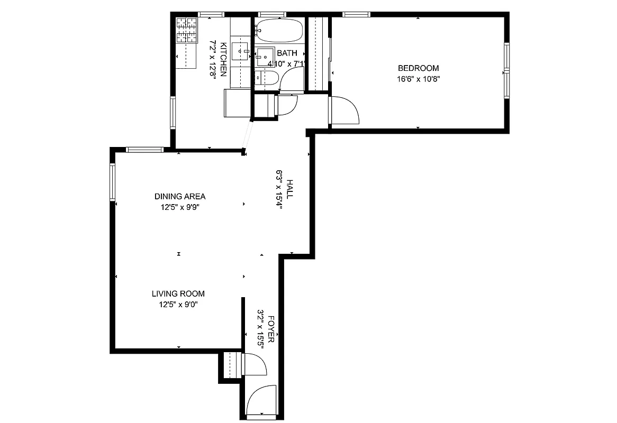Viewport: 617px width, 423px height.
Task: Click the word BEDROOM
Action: [418, 68]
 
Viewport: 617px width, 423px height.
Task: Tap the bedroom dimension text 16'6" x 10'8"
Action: [418, 79]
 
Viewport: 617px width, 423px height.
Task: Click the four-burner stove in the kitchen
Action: [186, 30]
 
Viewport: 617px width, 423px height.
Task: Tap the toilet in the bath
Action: [266, 79]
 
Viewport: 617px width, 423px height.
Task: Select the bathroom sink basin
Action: [265, 57]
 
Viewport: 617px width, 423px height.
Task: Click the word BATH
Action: [287, 53]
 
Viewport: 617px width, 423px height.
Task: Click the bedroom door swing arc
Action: [347, 111]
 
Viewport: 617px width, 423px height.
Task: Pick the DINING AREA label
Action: [180, 197]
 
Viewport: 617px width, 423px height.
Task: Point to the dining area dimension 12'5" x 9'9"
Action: [180, 207]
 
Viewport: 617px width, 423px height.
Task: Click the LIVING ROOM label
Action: [178, 294]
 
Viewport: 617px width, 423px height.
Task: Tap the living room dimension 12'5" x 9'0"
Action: [178, 305]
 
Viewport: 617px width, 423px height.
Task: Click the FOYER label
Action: [271, 329]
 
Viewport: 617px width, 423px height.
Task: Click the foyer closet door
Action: [253, 365]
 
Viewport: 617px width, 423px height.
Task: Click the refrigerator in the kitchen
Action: [237, 103]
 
